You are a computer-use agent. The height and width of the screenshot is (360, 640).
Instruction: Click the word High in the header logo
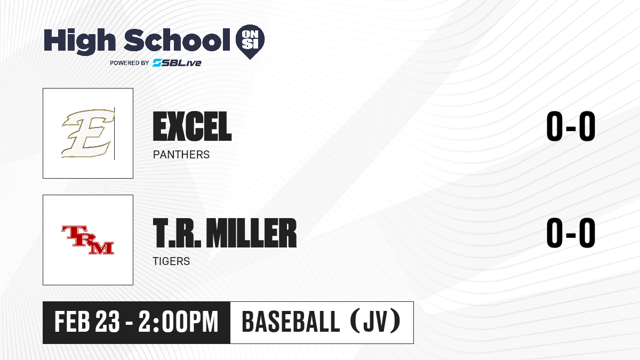[x=79, y=41]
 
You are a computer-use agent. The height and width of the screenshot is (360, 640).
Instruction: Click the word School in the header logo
[x=177, y=40]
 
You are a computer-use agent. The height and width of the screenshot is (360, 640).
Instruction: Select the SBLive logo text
[x=177, y=63]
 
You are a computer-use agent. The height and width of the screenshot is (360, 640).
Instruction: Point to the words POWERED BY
[x=130, y=63]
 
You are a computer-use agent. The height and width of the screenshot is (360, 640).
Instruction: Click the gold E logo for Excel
[x=86, y=134]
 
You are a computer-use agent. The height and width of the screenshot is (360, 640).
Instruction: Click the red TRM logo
[x=88, y=239]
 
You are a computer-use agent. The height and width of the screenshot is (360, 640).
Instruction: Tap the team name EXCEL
[x=193, y=126]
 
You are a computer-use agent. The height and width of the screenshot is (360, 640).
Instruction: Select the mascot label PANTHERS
[x=181, y=155]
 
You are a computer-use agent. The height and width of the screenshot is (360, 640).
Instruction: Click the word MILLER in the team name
[x=251, y=233]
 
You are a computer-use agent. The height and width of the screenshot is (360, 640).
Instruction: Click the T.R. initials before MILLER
[x=177, y=233]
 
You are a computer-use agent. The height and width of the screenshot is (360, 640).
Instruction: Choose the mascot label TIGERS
[x=171, y=261]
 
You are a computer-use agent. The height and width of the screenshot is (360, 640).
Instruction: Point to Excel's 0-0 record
[x=571, y=126]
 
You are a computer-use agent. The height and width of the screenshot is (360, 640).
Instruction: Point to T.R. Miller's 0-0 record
[x=571, y=233]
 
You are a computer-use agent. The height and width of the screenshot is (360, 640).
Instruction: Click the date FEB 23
[x=87, y=322]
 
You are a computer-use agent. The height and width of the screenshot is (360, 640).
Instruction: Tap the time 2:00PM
[x=179, y=322]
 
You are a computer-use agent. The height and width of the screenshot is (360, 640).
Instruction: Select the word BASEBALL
[x=291, y=322]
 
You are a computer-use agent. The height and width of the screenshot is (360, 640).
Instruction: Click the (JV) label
[x=375, y=322]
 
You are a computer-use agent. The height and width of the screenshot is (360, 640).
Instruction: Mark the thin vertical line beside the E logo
[x=114, y=134]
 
